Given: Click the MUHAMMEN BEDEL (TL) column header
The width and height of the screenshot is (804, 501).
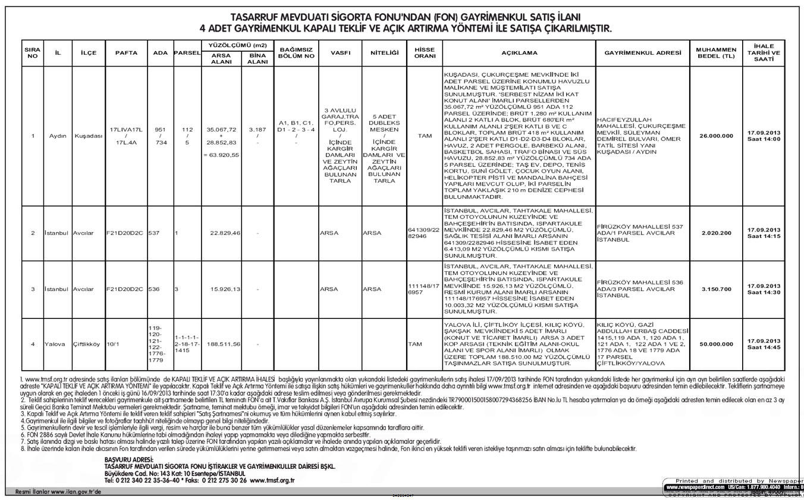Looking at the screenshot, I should (x=716, y=53).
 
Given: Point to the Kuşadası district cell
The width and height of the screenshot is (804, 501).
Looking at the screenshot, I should (x=89, y=136).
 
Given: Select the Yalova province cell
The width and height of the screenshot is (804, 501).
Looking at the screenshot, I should (x=55, y=344).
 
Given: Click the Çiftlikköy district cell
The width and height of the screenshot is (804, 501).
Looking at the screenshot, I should (x=87, y=344).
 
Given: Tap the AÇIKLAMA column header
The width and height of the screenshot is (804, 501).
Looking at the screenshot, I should (x=519, y=53).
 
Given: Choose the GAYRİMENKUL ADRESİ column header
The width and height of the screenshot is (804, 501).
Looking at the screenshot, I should (x=643, y=53).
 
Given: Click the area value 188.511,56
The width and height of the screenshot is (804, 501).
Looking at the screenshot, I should (x=224, y=344).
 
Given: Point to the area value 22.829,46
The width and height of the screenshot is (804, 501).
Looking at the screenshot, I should (x=225, y=233).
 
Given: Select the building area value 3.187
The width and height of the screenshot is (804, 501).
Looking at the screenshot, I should (x=257, y=129).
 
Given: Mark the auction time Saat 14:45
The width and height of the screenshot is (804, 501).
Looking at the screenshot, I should (x=764, y=347).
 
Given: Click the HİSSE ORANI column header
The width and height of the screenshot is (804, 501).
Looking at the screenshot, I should (x=425, y=53).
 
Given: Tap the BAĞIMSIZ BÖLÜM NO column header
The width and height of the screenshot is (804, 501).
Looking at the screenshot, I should (x=296, y=53).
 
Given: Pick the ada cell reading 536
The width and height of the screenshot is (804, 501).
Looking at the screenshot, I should (x=154, y=289).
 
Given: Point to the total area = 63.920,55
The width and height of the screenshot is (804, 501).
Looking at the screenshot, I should (x=221, y=155).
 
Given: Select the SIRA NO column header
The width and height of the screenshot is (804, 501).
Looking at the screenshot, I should (x=33, y=53).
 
